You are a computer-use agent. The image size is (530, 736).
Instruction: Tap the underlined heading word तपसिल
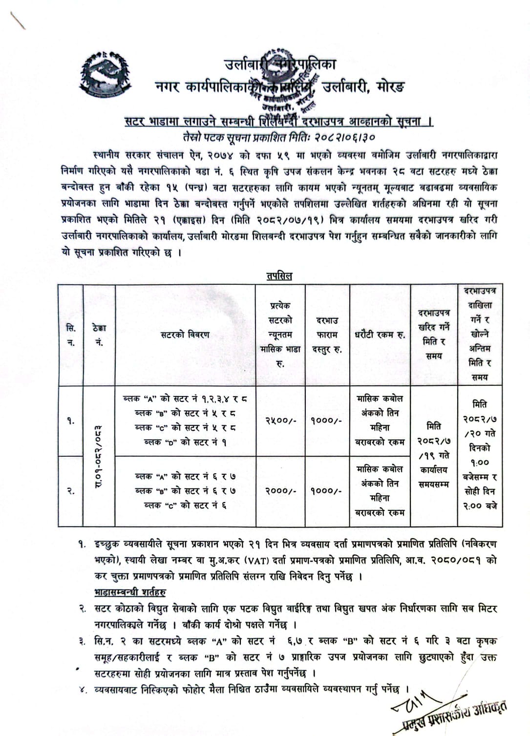click(x=279, y=276)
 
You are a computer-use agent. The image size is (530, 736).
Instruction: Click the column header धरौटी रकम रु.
click(x=380, y=335)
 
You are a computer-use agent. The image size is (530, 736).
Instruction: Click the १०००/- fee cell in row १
click(x=326, y=420)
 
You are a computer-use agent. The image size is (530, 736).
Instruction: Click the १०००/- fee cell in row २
click(x=326, y=491)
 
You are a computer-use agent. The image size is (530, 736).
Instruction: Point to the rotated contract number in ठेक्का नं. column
click(x=99, y=456)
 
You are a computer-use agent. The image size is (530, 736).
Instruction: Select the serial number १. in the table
click(x=71, y=420)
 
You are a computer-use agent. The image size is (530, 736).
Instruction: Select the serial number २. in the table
click(x=71, y=491)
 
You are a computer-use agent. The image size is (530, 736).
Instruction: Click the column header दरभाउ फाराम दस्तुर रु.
click(x=327, y=335)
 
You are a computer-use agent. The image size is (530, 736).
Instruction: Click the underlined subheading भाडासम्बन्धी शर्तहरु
click(x=130, y=592)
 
